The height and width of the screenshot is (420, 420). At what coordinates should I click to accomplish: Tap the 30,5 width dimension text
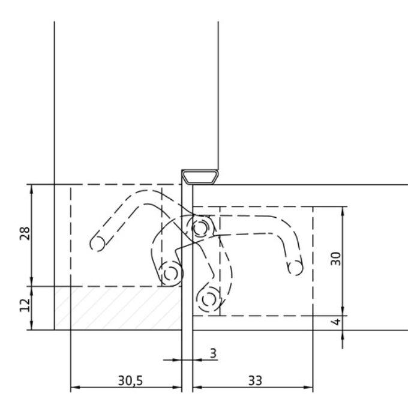tap(125, 380)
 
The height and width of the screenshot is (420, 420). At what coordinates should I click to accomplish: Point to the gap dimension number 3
tap(212, 353)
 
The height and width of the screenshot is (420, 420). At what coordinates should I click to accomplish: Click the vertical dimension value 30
tap(336, 259)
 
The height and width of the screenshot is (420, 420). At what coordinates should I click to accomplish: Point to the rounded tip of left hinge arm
tap(95, 242)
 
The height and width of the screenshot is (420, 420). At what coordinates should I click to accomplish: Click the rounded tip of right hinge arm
tap(295, 267)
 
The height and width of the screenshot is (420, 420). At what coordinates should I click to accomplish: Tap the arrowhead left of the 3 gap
tap(178, 360)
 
